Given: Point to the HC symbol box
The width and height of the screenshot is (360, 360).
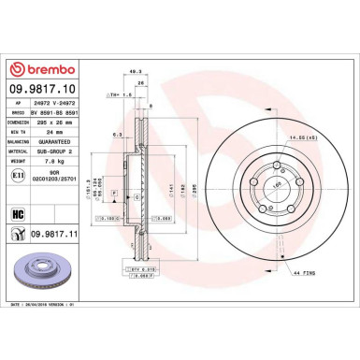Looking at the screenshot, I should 18,214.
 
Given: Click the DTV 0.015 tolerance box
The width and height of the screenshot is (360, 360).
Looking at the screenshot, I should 141,268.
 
